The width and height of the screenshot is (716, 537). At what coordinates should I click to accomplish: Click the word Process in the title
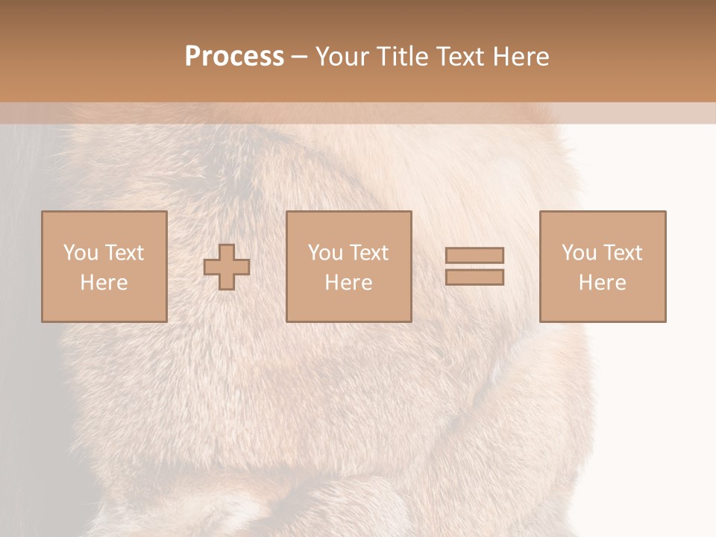point(234,57)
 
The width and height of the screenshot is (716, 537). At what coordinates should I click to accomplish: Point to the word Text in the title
point(465,57)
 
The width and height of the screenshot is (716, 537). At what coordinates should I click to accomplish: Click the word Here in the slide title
point(524,57)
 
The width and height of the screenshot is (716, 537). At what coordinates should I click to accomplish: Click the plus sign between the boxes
point(227,267)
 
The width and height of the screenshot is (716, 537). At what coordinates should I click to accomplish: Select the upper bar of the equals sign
point(474,255)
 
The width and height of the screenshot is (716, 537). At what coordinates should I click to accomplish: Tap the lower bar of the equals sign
point(474,277)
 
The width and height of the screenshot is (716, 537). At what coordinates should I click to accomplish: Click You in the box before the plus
point(81,253)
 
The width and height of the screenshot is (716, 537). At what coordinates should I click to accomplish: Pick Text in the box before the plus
point(124,253)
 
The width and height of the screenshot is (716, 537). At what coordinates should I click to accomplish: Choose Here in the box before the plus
point(104,283)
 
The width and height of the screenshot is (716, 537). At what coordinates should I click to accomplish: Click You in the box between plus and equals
point(325,253)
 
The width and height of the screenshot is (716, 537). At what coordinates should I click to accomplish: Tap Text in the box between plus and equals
point(368,253)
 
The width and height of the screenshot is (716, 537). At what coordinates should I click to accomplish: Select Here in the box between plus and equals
point(348,283)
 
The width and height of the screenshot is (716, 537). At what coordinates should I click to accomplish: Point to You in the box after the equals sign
point(579,253)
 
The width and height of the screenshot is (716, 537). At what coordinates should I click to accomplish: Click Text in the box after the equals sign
point(622,253)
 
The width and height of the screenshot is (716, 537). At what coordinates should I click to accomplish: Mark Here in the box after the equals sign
point(602,283)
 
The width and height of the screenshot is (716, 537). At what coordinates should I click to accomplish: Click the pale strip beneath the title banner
point(358,113)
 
